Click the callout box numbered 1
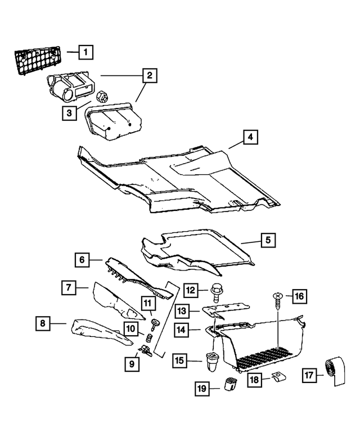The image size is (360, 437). click(x=85, y=53)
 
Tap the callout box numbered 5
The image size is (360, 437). click(x=268, y=240)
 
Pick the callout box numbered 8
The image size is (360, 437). click(x=42, y=323)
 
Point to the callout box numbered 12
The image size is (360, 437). click(x=191, y=290)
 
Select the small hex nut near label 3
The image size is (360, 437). click(x=103, y=96)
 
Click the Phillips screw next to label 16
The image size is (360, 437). click(x=277, y=301)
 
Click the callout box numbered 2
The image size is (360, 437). click(x=149, y=75)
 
